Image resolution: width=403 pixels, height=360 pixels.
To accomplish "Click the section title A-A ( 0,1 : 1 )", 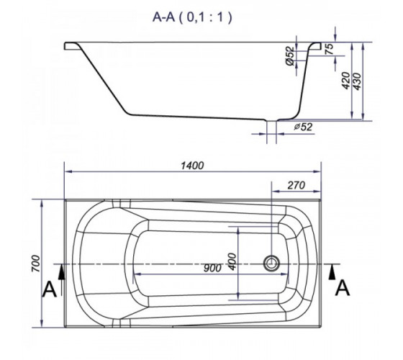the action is point(192,17).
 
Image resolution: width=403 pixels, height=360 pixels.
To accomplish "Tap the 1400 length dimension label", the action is point(192,166).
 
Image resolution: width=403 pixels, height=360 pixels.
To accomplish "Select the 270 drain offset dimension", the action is point(296,185).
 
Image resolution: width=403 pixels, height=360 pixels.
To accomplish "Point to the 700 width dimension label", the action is point(36,264).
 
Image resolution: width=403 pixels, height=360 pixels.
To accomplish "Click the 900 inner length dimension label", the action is point(212,268).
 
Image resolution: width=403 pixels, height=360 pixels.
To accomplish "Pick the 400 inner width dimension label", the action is point(232,262).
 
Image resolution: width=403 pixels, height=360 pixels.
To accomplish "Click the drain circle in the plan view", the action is point(271,264).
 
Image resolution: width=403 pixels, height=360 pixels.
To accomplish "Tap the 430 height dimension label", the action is point(357,81).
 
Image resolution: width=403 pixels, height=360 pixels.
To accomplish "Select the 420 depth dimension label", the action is point(346,81).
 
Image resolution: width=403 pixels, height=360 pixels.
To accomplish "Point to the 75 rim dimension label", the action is point(330,49).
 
